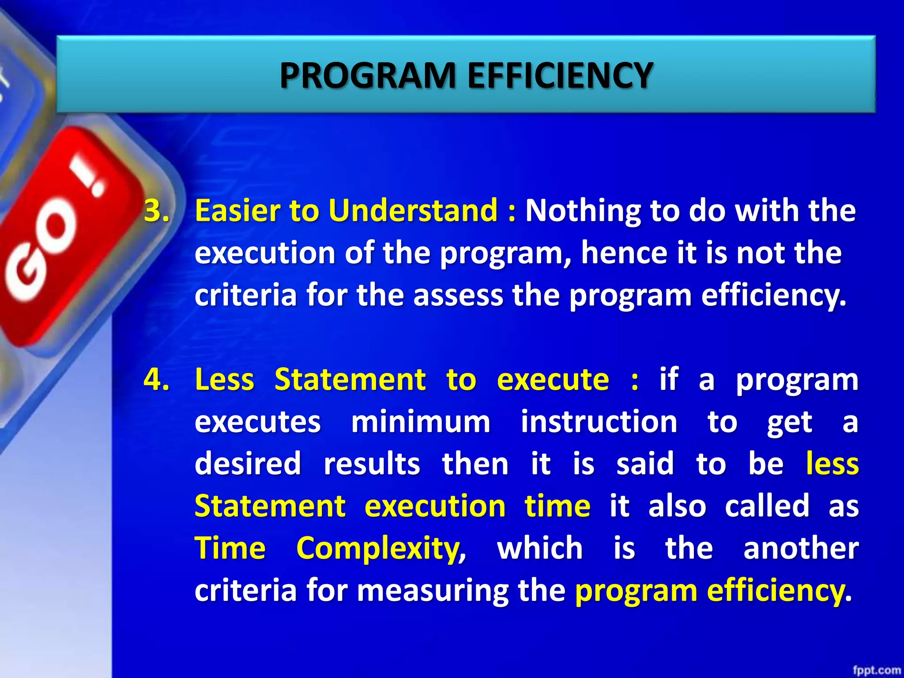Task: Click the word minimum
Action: coord(421,422)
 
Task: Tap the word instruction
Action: coord(599,422)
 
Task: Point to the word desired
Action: coord(248,463)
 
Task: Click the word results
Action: coord(372,463)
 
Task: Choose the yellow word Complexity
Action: coord(378,548)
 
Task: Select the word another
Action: coord(801,548)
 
